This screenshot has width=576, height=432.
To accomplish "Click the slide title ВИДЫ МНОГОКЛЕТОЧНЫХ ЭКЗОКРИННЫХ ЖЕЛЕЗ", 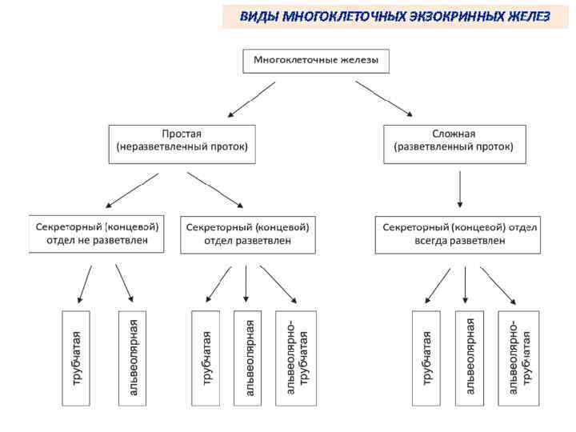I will click(395, 16).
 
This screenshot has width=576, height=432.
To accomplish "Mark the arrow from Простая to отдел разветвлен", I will click(216, 190).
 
